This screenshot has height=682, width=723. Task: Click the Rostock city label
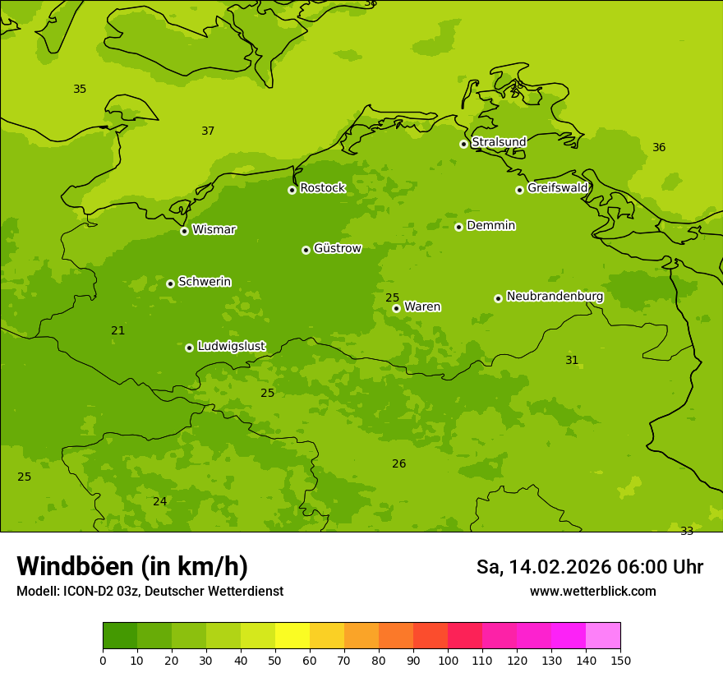(322, 188)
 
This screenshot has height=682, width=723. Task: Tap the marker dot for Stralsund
(463, 144)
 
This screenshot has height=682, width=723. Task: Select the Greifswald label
(557, 188)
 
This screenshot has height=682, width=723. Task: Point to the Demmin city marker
(458, 227)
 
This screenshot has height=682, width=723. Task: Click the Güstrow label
(337, 248)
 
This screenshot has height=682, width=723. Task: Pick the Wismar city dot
(184, 231)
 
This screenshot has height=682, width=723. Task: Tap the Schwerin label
(204, 282)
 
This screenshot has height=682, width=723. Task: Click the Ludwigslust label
(231, 347)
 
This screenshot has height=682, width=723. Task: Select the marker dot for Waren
(396, 308)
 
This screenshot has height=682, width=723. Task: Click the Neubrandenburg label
(555, 297)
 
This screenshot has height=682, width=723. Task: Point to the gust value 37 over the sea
(208, 131)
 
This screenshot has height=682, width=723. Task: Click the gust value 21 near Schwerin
(118, 330)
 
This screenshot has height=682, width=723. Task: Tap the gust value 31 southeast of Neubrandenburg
(572, 360)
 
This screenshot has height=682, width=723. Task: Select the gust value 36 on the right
(659, 147)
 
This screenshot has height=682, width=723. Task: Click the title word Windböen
(74, 566)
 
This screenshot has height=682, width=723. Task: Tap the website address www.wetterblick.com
(592, 592)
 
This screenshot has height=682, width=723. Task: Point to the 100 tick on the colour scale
(448, 660)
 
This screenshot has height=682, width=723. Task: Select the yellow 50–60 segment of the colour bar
(292, 636)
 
